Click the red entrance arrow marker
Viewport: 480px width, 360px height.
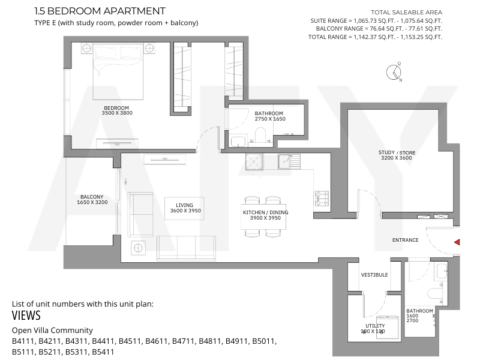[x=457, y=242]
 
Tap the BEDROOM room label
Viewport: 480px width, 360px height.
[x=116, y=108]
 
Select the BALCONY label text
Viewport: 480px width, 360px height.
[x=92, y=197]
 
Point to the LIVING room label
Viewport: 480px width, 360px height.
[x=184, y=205]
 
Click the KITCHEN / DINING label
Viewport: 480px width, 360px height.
[x=265, y=212]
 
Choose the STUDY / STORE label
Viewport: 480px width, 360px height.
[x=397, y=152]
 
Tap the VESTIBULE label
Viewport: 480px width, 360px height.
[x=374, y=275]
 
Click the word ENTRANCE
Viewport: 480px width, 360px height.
[x=406, y=240]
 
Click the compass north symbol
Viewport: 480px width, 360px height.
[x=394, y=72]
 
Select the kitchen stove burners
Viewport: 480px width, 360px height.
[x=322, y=198]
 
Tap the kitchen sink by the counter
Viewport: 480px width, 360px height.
[x=289, y=161]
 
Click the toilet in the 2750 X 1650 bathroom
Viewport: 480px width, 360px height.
[x=260, y=134]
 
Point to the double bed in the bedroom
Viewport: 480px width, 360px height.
[x=118, y=71]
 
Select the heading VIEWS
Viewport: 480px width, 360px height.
[x=26, y=316]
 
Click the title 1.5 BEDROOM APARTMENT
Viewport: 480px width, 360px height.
[x=100, y=11]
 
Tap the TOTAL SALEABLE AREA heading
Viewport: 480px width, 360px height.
[x=407, y=12]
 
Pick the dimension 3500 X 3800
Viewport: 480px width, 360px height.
[x=117, y=113]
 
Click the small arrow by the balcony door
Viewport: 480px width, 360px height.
[x=125, y=182]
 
